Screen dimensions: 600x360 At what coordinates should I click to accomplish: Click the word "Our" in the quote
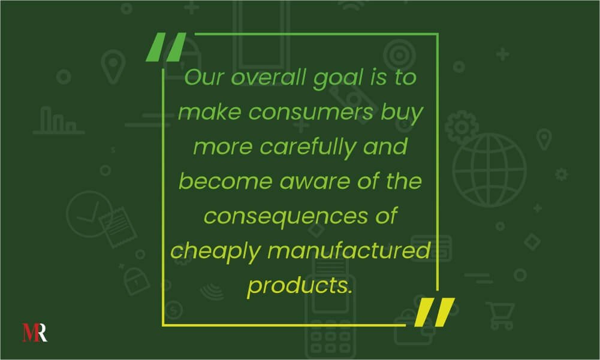(x=204, y=77)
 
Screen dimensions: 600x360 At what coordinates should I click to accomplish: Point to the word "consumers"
(x=310, y=113)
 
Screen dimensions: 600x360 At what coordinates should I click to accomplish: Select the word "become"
(x=225, y=181)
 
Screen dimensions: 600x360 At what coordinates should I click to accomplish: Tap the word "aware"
(x=315, y=181)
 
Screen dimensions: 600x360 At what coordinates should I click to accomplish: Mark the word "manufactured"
(x=349, y=250)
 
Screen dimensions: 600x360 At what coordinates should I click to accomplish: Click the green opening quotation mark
(x=166, y=47)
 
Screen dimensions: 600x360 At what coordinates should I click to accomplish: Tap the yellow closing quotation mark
(x=435, y=312)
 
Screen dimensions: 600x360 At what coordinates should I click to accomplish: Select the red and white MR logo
(x=35, y=332)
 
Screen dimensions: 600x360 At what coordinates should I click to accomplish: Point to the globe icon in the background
(x=490, y=170)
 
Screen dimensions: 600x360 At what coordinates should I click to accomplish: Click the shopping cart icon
(x=500, y=316)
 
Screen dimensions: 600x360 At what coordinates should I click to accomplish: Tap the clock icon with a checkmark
(x=89, y=214)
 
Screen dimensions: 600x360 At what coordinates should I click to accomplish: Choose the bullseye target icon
(x=399, y=55)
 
